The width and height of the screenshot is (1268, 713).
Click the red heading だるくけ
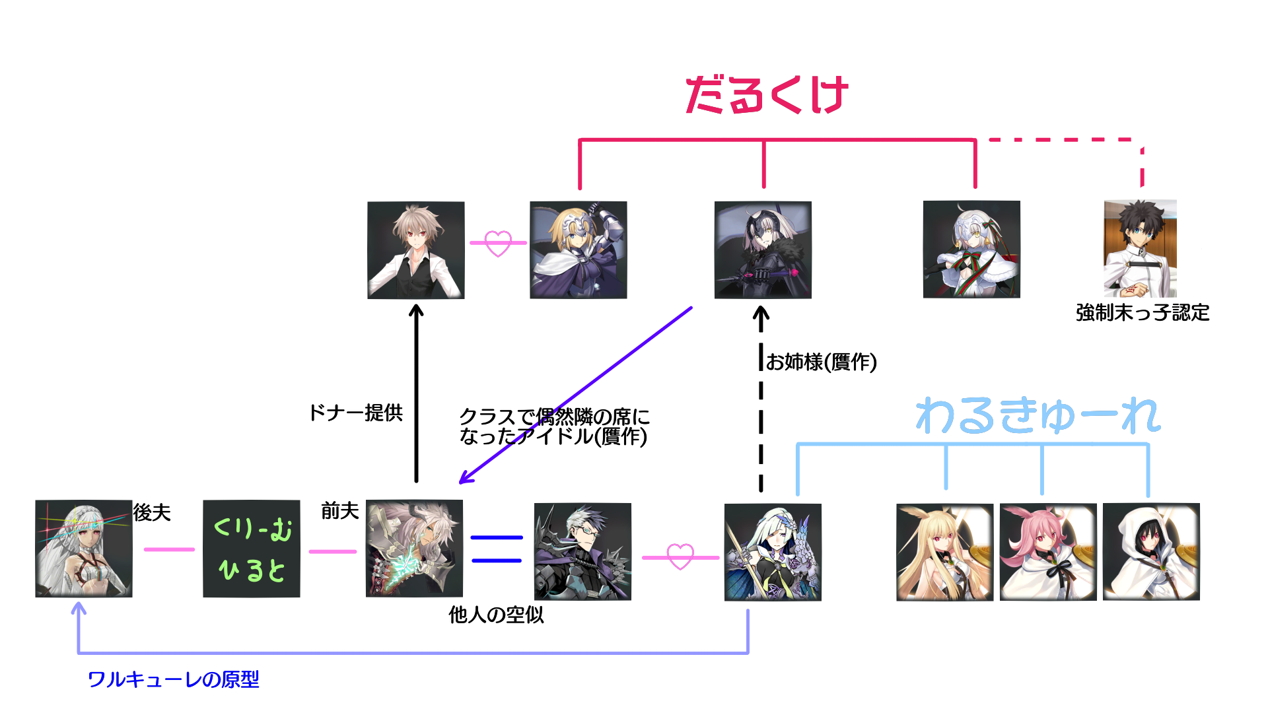[766, 95]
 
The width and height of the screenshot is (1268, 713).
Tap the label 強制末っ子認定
[1143, 312]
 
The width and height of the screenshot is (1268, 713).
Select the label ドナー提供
[356, 413]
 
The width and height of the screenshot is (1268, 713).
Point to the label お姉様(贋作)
[821, 362]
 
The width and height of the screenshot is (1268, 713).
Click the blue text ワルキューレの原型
[173, 679]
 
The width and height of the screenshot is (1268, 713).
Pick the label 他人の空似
[496, 615]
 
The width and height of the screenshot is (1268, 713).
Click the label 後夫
[152, 512]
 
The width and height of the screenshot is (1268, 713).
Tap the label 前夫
[339, 510]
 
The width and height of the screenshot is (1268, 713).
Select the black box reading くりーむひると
[252, 549]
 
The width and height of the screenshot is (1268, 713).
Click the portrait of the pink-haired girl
[1048, 552]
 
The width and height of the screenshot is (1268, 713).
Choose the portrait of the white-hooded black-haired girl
[1151, 552]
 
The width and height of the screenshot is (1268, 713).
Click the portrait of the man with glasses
[582, 552]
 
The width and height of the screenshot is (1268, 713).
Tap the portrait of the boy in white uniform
[1140, 249]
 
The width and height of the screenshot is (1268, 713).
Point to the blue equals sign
[497, 549]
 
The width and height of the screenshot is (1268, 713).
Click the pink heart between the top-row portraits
[498, 243]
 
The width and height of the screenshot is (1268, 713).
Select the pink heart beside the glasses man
[680, 557]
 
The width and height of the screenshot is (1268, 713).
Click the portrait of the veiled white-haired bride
[84, 549]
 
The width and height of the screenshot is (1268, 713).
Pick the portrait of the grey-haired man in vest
[416, 250]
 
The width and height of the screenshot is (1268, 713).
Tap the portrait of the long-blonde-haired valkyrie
[944, 552]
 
